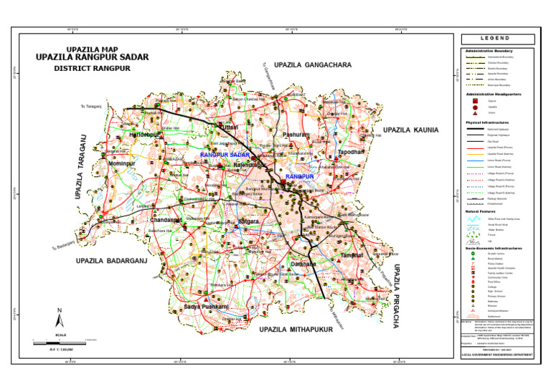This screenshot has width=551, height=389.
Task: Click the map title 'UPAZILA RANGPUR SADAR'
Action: point(98,58)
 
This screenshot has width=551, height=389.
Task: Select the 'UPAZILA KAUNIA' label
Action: point(414,130)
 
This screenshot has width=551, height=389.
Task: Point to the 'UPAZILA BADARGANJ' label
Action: point(111,261)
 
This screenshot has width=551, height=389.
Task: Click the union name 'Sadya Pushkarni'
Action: point(204,307)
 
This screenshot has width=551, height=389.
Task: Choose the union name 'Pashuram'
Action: point(296,135)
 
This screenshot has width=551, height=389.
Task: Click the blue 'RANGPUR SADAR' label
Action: point(225,155)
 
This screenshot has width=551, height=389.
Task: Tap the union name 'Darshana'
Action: point(303,264)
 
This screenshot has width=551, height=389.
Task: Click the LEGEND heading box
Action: point(496,38)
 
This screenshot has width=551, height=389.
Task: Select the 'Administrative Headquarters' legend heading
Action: point(494,94)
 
